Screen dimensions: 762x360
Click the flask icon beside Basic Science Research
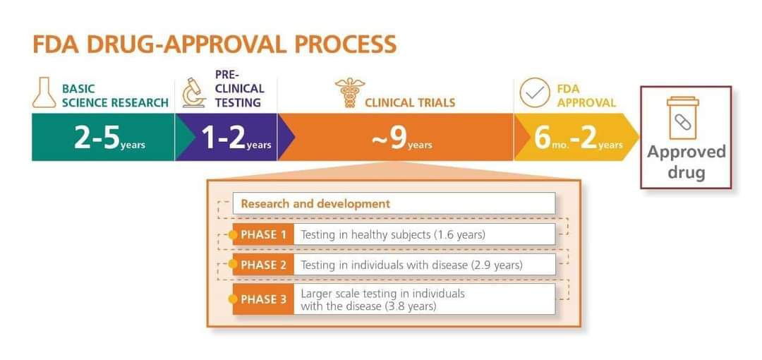(x=44, y=92)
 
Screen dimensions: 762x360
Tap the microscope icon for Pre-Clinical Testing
(x=194, y=92)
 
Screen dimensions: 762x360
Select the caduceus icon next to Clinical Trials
(x=349, y=92)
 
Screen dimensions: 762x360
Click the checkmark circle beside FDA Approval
(x=535, y=92)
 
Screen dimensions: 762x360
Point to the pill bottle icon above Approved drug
(x=682, y=117)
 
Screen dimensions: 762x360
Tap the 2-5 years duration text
(x=109, y=138)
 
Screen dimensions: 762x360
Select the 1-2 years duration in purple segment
(x=236, y=138)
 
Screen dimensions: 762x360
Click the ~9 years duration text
(x=401, y=138)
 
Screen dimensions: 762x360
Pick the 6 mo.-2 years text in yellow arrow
(x=579, y=138)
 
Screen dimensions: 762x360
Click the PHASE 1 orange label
(x=263, y=234)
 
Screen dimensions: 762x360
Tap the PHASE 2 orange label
(x=263, y=265)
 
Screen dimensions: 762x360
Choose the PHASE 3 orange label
(x=263, y=299)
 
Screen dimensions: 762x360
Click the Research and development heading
(x=315, y=203)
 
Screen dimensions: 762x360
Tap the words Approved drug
(x=686, y=162)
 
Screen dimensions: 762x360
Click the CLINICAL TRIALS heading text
(x=410, y=102)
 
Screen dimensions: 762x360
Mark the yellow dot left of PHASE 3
(x=234, y=299)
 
